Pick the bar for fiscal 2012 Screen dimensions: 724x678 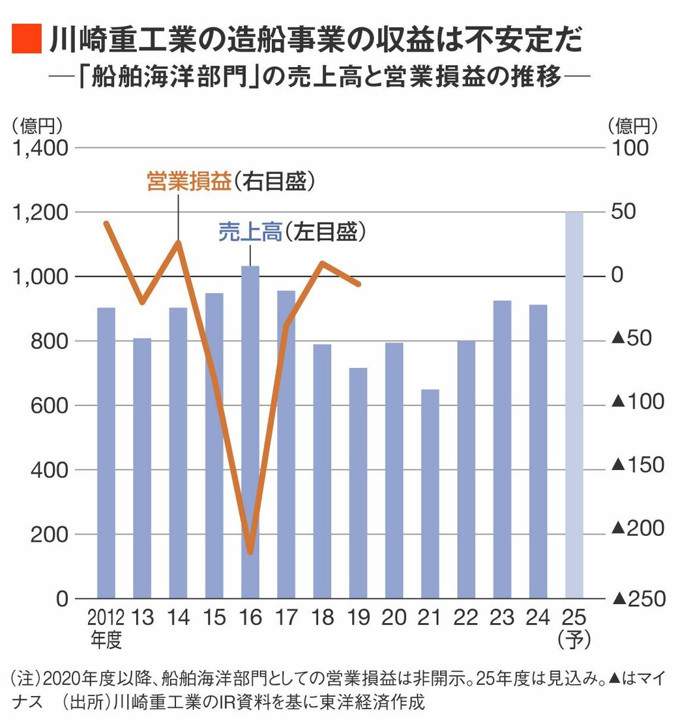[106, 452]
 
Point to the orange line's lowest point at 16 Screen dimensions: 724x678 [250, 553]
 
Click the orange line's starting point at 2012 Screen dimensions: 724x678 [106, 223]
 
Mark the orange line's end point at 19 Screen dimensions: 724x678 [359, 284]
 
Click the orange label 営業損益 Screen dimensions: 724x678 [188, 182]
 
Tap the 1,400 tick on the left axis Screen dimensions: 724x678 [40, 148]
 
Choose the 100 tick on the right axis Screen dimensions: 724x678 [631, 148]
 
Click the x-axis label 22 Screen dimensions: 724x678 [466, 617]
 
